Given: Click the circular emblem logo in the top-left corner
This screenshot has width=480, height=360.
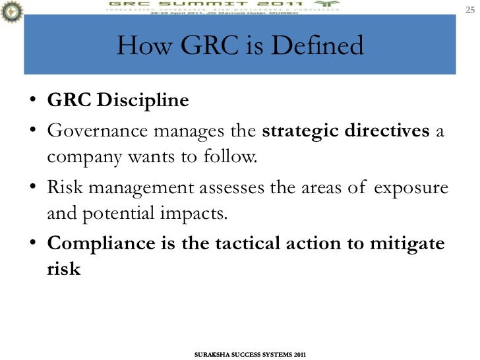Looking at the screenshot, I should (11, 11).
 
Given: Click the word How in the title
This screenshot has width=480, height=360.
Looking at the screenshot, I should (145, 45).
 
